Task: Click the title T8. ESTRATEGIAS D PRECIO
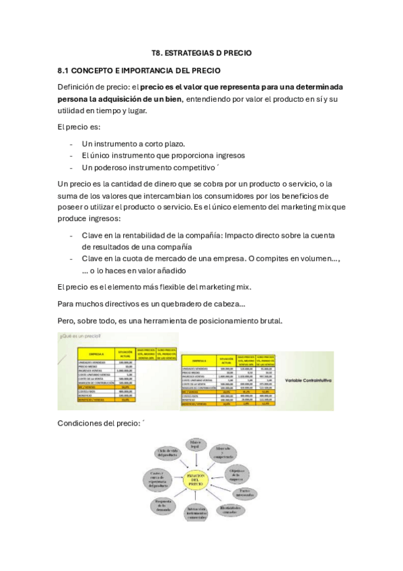coord(201,53)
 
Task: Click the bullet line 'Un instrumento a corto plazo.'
coord(133,143)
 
